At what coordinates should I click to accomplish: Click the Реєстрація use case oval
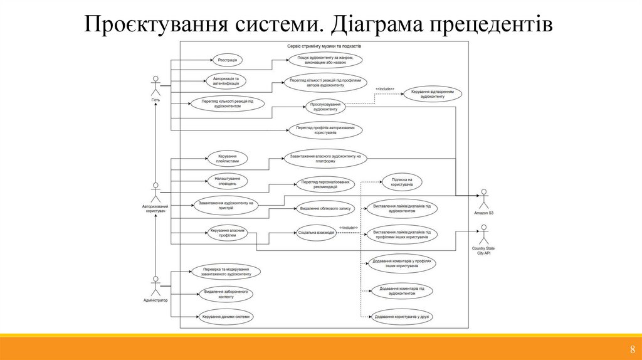[x=228, y=60]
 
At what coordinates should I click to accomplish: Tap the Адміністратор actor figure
[x=155, y=285]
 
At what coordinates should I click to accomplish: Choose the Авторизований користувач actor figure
[x=155, y=191]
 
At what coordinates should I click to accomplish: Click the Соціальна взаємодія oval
[x=317, y=232]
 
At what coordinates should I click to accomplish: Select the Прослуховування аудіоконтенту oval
[x=326, y=107]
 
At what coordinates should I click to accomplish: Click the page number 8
[x=632, y=350]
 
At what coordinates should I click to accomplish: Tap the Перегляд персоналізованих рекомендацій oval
[x=324, y=184]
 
